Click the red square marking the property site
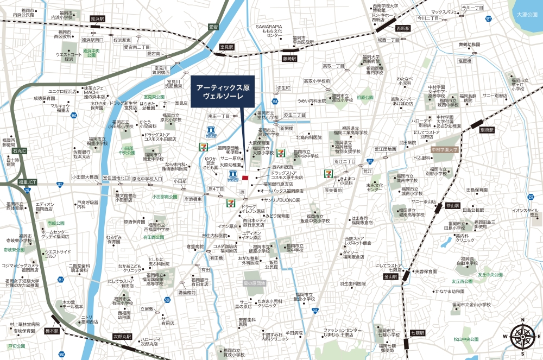tap(245, 178)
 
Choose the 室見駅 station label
tap(226, 48)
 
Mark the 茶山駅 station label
tap(452, 206)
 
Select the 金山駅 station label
tap(390, 276)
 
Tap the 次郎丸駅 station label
tap(123, 336)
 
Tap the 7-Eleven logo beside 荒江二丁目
tap(329, 174)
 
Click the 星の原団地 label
tap(254, 283)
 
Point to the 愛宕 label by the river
tap(213, 26)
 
